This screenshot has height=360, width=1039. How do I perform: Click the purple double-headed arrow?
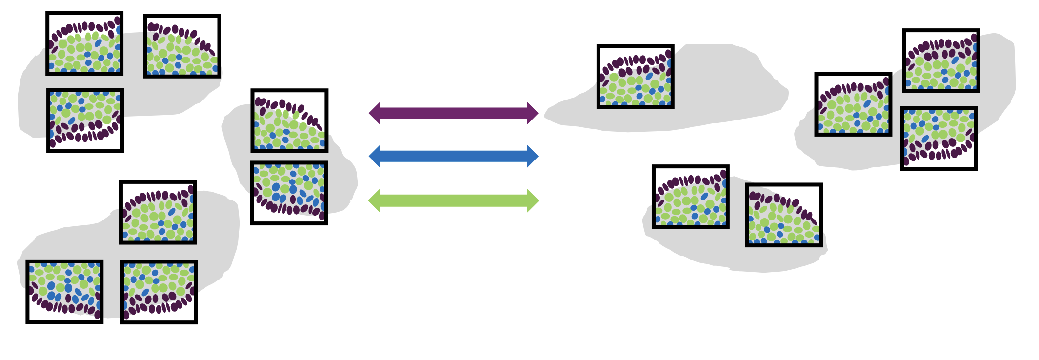point(454,113)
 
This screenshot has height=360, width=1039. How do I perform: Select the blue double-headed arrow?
point(454,156)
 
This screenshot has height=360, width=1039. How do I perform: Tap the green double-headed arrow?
point(454,200)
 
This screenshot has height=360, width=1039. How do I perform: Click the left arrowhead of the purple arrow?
point(375,113)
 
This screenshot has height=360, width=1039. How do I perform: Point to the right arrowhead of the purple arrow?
point(533,113)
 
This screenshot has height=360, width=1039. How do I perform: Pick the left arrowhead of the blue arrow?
point(375,156)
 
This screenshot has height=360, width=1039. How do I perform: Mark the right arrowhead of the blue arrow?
point(533,156)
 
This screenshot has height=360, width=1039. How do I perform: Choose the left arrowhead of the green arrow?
point(375,200)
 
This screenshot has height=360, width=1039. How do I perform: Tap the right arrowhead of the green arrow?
point(533,200)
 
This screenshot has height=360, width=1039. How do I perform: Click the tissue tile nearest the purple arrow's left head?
point(289,120)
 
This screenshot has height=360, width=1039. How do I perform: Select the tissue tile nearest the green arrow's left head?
point(289,193)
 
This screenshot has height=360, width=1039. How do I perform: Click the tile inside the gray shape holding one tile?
point(636,77)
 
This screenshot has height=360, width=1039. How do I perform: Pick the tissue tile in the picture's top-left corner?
point(84,43)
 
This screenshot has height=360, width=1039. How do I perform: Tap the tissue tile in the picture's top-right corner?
point(941,60)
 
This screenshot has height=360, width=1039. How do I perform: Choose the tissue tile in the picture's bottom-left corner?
point(64,291)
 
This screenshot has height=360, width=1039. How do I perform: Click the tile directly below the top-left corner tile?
point(85,120)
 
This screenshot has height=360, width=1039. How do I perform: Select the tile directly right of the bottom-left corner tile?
point(159,292)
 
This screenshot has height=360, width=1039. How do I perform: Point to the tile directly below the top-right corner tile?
point(939,138)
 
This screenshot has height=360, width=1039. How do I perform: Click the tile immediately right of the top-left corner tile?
point(182,46)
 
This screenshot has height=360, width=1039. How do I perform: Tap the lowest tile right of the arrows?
point(784,215)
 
